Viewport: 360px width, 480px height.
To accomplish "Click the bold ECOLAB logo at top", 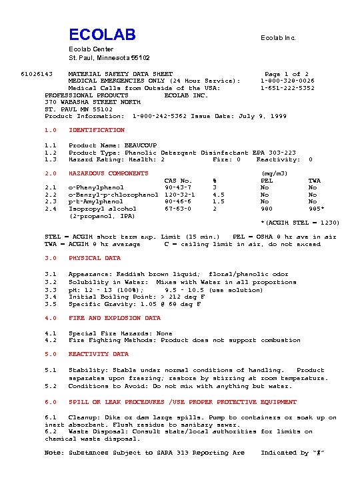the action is coord(102,34).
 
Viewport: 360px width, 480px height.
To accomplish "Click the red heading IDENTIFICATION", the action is coord(97,130).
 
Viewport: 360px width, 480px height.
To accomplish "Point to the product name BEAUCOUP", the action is coord(140,145).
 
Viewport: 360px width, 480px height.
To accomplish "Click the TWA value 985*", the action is coord(314,209).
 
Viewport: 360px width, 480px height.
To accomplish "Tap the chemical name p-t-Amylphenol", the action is coord(96,201).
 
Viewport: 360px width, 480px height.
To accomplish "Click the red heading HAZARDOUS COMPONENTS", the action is coord(109,173).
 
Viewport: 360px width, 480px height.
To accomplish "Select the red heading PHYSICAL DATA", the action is coord(95,258).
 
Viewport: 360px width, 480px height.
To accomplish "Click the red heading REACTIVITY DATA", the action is coord(99,354).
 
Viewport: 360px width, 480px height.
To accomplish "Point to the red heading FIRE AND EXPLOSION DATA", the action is coord(115,318).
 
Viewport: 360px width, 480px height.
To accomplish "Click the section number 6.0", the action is coord(50,402).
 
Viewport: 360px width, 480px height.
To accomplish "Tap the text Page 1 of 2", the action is coord(287,74).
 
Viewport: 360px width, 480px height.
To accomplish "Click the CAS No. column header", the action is coord(178,181).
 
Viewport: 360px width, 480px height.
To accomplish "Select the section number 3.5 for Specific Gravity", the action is coord(50,304).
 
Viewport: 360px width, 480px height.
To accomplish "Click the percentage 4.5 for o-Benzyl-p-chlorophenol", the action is coord(217,195).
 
